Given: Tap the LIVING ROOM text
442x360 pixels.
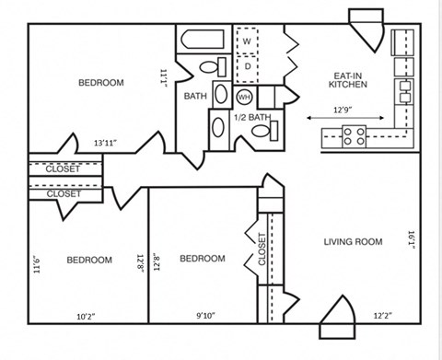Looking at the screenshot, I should coord(352,241).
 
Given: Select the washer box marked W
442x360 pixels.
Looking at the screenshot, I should coord(247,41).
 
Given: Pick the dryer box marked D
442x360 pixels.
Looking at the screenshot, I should coord(247,67).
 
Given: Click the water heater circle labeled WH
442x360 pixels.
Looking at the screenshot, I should coord(244,96).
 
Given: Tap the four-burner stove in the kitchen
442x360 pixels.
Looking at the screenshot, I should coord(355,136).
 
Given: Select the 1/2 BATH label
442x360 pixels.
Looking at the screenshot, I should coord(251,117).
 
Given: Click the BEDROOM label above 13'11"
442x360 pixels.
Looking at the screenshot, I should coord(100,83).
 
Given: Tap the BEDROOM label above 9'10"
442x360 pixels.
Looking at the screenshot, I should coord(202,259).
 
